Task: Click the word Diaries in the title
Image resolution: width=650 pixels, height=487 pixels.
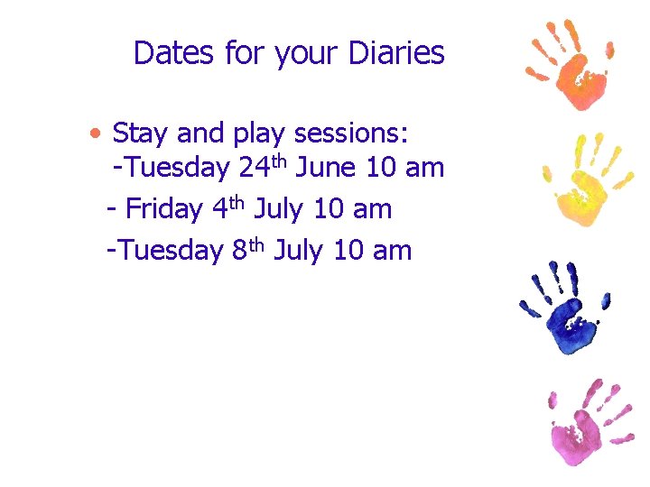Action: [x=398, y=53]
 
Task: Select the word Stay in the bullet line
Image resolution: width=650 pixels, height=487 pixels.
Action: [x=142, y=134]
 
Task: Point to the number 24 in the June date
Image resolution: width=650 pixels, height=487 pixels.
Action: [x=257, y=169]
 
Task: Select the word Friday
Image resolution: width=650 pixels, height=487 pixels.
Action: [x=163, y=209]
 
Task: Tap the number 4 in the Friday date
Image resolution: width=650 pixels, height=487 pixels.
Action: [x=219, y=209]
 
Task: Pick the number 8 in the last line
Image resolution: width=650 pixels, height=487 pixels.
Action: [x=239, y=250]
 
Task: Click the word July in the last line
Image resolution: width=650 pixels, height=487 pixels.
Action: [x=299, y=250]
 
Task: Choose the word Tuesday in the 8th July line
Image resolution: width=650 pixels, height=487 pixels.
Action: [x=170, y=250]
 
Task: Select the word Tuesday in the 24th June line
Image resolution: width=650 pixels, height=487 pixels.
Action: [x=176, y=169]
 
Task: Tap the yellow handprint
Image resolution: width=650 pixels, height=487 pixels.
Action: [x=583, y=180]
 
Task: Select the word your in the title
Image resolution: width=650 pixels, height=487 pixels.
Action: [x=310, y=53]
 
